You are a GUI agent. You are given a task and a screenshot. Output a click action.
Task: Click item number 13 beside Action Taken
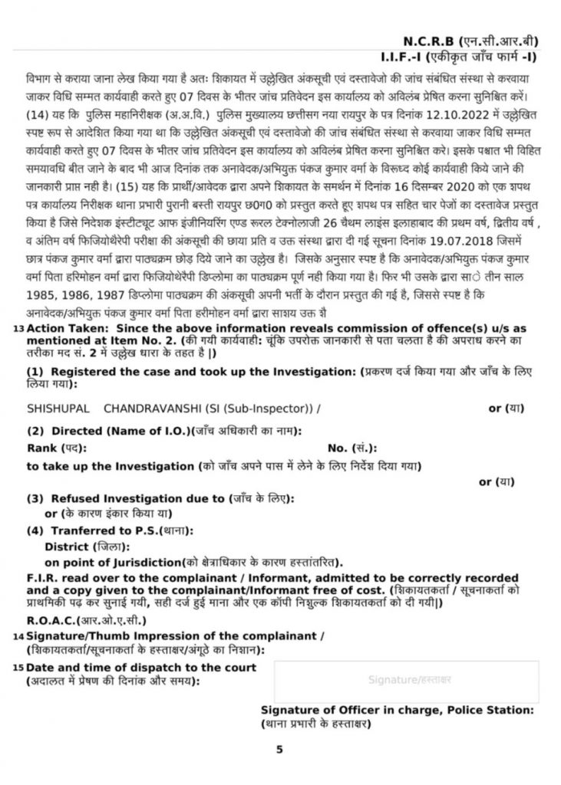point(18,329)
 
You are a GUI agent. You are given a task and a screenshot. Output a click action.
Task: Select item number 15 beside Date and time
point(18,668)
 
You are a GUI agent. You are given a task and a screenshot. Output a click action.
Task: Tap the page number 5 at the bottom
point(280,750)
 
